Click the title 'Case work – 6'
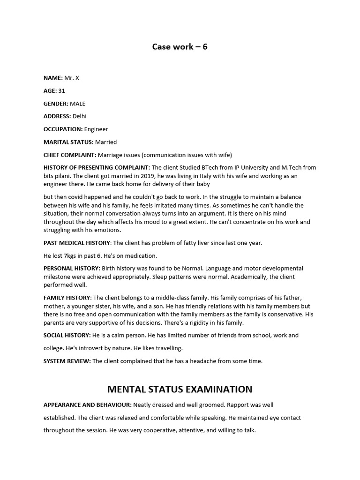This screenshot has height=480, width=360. coord(180,47)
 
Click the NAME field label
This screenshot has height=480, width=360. coord(52,78)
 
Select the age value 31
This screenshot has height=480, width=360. coord(61,90)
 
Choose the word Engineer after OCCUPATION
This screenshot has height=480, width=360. coord(96,129)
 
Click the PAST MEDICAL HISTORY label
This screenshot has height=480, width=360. coord(77,243)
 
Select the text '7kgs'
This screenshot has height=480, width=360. coord(71,255)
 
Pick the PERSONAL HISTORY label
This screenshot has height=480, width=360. coord(72,268)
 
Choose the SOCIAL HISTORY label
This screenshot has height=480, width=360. coord(67,335)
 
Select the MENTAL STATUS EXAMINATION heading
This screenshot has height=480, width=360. coord(180,389)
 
